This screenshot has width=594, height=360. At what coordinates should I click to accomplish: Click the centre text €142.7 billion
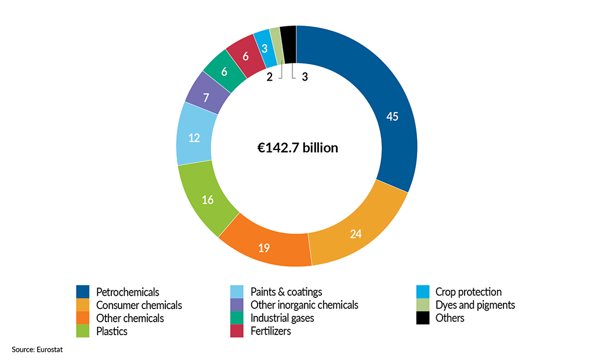tap(298, 148)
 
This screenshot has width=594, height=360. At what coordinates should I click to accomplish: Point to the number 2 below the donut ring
tap(269, 77)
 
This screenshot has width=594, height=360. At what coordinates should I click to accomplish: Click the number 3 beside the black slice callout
tap(305, 77)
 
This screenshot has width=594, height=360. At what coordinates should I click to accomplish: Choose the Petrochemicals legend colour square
tap(82, 292)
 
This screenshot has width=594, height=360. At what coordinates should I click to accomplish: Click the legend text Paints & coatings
tap(286, 292)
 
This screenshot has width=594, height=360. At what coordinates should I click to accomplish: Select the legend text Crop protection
tap(468, 292)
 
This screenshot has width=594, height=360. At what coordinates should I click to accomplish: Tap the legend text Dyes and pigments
tap(475, 305)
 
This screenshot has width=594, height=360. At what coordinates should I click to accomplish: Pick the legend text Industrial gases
tap(281, 318)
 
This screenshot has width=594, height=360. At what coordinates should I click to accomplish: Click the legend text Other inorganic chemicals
tap(304, 305)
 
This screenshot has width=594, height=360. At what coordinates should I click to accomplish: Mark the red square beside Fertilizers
tap(237, 332)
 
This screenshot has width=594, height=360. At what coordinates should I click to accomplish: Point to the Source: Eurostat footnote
tap(36, 350)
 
